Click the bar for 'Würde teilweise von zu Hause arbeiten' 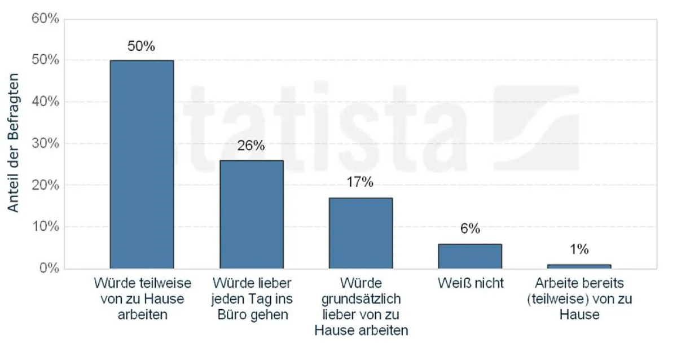coord(142,164)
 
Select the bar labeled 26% coord(251,214)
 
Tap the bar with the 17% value coord(361,233)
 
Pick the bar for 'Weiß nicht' coord(470,256)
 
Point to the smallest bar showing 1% coord(579,266)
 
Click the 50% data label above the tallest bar coord(141,46)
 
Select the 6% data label coord(470,229)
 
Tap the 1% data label coord(579,249)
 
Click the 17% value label coord(361,182)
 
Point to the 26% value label coord(251,146)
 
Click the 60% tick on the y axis coord(45,19)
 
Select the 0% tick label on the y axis coord(49,268)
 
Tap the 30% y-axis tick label coord(45,143)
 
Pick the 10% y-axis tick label coord(45,226)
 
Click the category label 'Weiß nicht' coord(471,283)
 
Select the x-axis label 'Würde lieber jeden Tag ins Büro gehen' coord(251,298)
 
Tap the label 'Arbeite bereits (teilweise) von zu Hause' coord(579,298)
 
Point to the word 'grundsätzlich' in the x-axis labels coord(361,298)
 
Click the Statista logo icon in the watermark coord(536,129)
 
